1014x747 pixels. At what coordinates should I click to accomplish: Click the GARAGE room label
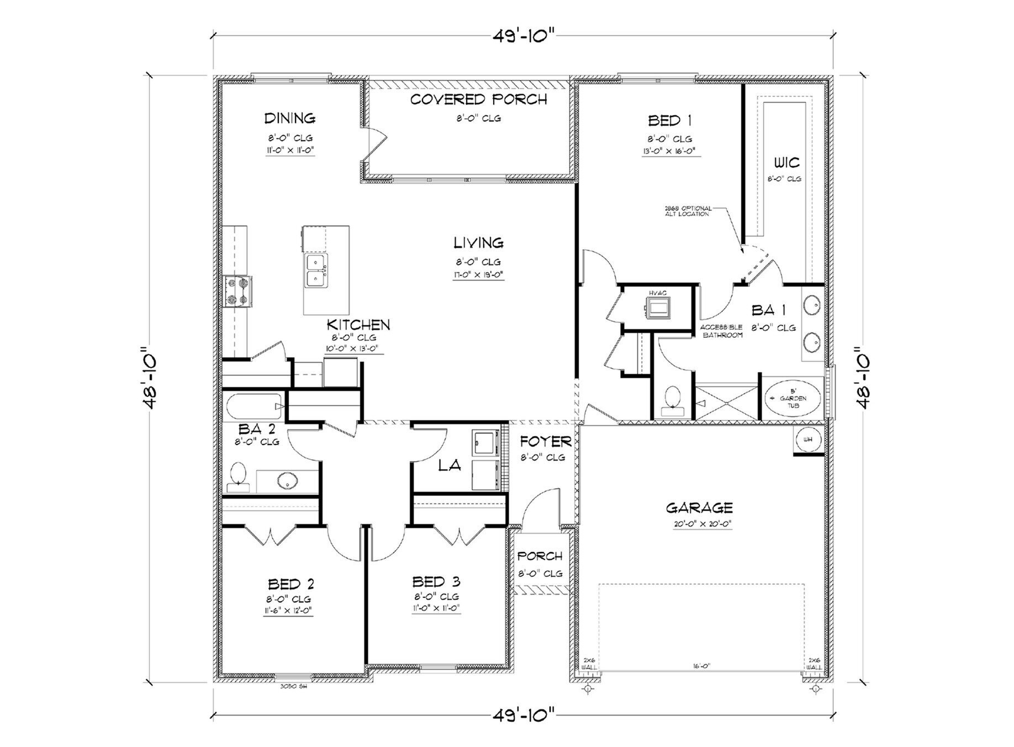(699, 507)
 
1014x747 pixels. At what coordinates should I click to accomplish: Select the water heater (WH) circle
(808, 440)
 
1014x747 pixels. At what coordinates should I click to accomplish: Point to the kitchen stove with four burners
(238, 291)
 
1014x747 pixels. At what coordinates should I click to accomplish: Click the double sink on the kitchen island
(315, 270)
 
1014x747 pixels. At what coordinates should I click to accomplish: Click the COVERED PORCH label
(478, 99)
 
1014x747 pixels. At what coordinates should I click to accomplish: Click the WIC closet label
(786, 163)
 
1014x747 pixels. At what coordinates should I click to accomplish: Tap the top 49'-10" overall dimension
(523, 36)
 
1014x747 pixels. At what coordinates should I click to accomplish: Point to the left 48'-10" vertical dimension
(150, 379)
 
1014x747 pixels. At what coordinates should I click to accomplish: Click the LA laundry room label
(449, 465)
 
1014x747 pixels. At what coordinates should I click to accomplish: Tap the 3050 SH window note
(293, 686)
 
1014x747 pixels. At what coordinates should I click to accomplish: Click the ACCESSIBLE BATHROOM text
(722, 331)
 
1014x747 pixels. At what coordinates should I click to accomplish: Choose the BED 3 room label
(436, 582)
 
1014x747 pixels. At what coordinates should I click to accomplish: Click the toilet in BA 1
(672, 400)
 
